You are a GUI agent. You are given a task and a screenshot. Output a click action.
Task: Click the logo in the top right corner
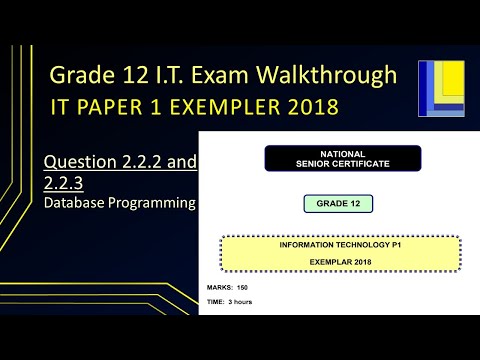(441, 89)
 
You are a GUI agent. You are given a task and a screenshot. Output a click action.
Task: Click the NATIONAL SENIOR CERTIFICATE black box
(342, 158)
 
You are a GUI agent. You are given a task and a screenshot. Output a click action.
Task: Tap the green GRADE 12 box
(339, 204)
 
